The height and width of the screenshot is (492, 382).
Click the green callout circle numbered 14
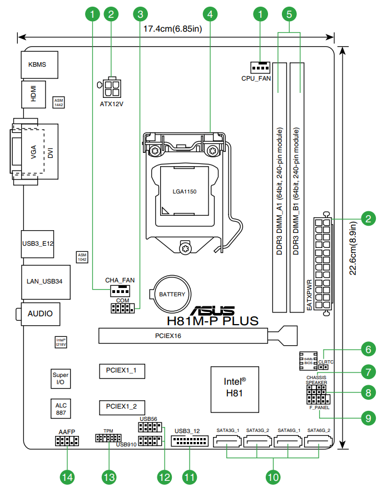pos(67,476)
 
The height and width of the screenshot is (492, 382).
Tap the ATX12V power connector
pos(113,86)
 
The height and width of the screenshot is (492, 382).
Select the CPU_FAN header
pos(260,67)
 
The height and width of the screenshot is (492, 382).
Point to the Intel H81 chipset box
pos(235,388)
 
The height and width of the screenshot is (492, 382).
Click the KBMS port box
pos(37,64)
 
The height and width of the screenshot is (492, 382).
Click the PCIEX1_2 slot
pos(122,406)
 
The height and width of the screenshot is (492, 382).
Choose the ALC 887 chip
pos(61,409)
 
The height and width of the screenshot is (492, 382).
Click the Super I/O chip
pos(61,379)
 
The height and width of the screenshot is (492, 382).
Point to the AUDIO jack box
pos(40,314)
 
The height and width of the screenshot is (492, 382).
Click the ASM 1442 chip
pos(58,102)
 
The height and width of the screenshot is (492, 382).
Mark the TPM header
pos(108,439)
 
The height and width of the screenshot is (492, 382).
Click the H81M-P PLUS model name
pos(213,321)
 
